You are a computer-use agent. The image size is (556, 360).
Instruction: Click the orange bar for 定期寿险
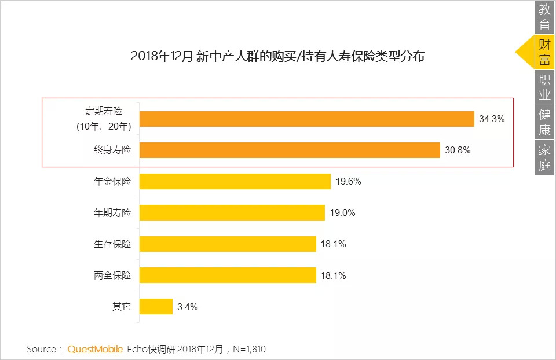[x=307, y=119]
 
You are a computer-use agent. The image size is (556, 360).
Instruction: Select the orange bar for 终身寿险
[x=290, y=150]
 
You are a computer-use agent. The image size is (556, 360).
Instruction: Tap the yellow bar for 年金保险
[x=235, y=182]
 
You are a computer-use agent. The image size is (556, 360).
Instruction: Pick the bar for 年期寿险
[x=232, y=213]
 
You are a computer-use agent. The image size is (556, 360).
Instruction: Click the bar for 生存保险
[x=228, y=244]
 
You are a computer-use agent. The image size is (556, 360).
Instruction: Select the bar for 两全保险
[x=228, y=275]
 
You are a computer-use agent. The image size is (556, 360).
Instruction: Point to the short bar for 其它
[x=156, y=307]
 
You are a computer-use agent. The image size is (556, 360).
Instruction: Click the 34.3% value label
[x=492, y=119]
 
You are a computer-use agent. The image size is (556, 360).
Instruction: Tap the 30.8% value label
[x=458, y=150]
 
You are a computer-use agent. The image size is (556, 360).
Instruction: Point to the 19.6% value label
[x=348, y=182]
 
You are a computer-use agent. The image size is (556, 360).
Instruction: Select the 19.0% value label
[x=342, y=213]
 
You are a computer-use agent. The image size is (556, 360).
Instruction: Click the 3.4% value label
[x=188, y=307]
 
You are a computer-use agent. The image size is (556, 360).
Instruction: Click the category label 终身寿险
[x=112, y=150]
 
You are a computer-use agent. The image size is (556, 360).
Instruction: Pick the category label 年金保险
[x=112, y=182]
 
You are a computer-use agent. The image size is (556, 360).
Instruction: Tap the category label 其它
[x=122, y=307]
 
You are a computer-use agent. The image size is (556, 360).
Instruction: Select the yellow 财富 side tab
[x=544, y=52]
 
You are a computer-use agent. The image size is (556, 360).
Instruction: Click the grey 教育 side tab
[x=544, y=17]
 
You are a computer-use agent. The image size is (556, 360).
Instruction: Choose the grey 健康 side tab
[x=544, y=122]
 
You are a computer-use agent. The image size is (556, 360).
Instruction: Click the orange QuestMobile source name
[x=95, y=349]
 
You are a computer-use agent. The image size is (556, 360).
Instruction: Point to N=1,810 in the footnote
[x=250, y=349]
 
